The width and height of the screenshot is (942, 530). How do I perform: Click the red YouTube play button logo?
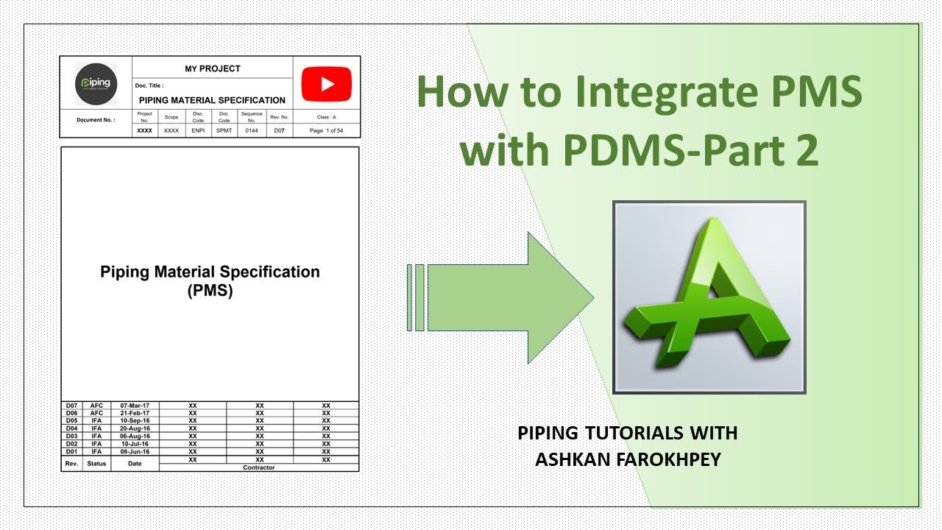pyautogui.click(x=327, y=84)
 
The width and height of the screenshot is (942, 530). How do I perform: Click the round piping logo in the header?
pyautogui.click(x=96, y=83)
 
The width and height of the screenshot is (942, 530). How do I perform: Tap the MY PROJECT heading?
pyautogui.click(x=212, y=68)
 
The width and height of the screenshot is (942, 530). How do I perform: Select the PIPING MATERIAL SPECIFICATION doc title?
pyautogui.click(x=212, y=100)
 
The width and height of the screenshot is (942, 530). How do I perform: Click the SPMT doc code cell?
pyautogui.click(x=224, y=130)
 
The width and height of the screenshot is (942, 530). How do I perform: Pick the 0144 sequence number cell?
pyautogui.click(x=252, y=130)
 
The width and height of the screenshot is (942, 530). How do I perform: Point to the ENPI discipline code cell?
pyautogui.click(x=198, y=130)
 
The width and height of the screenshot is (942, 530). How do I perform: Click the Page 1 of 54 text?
pyautogui.click(x=326, y=130)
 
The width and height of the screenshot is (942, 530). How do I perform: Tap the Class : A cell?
pyautogui.click(x=326, y=117)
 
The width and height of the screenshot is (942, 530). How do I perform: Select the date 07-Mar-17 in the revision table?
pyautogui.click(x=135, y=406)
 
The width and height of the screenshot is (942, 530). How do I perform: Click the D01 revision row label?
pyautogui.click(x=71, y=451)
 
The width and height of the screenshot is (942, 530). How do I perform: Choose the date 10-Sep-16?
pyautogui.click(x=135, y=421)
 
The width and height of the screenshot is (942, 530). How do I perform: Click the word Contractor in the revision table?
pyautogui.click(x=258, y=467)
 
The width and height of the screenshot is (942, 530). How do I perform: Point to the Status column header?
pyautogui.click(x=96, y=464)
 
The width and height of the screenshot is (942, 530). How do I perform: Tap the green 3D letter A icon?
pyautogui.click(x=709, y=297)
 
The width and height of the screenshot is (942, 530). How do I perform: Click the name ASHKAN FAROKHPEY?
pyautogui.click(x=627, y=459)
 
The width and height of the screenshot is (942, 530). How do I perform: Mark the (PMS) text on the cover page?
pyautogui.click(x=210, y=291)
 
